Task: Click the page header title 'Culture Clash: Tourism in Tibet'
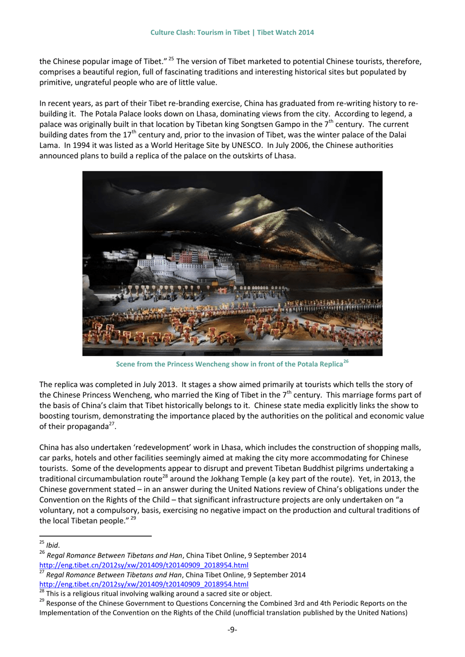click(x=200, y=32)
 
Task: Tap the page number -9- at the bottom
click(x=232, y=629)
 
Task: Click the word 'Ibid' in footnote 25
click(x=52, y=545)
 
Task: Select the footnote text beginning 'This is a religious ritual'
click(x=159, y=594)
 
